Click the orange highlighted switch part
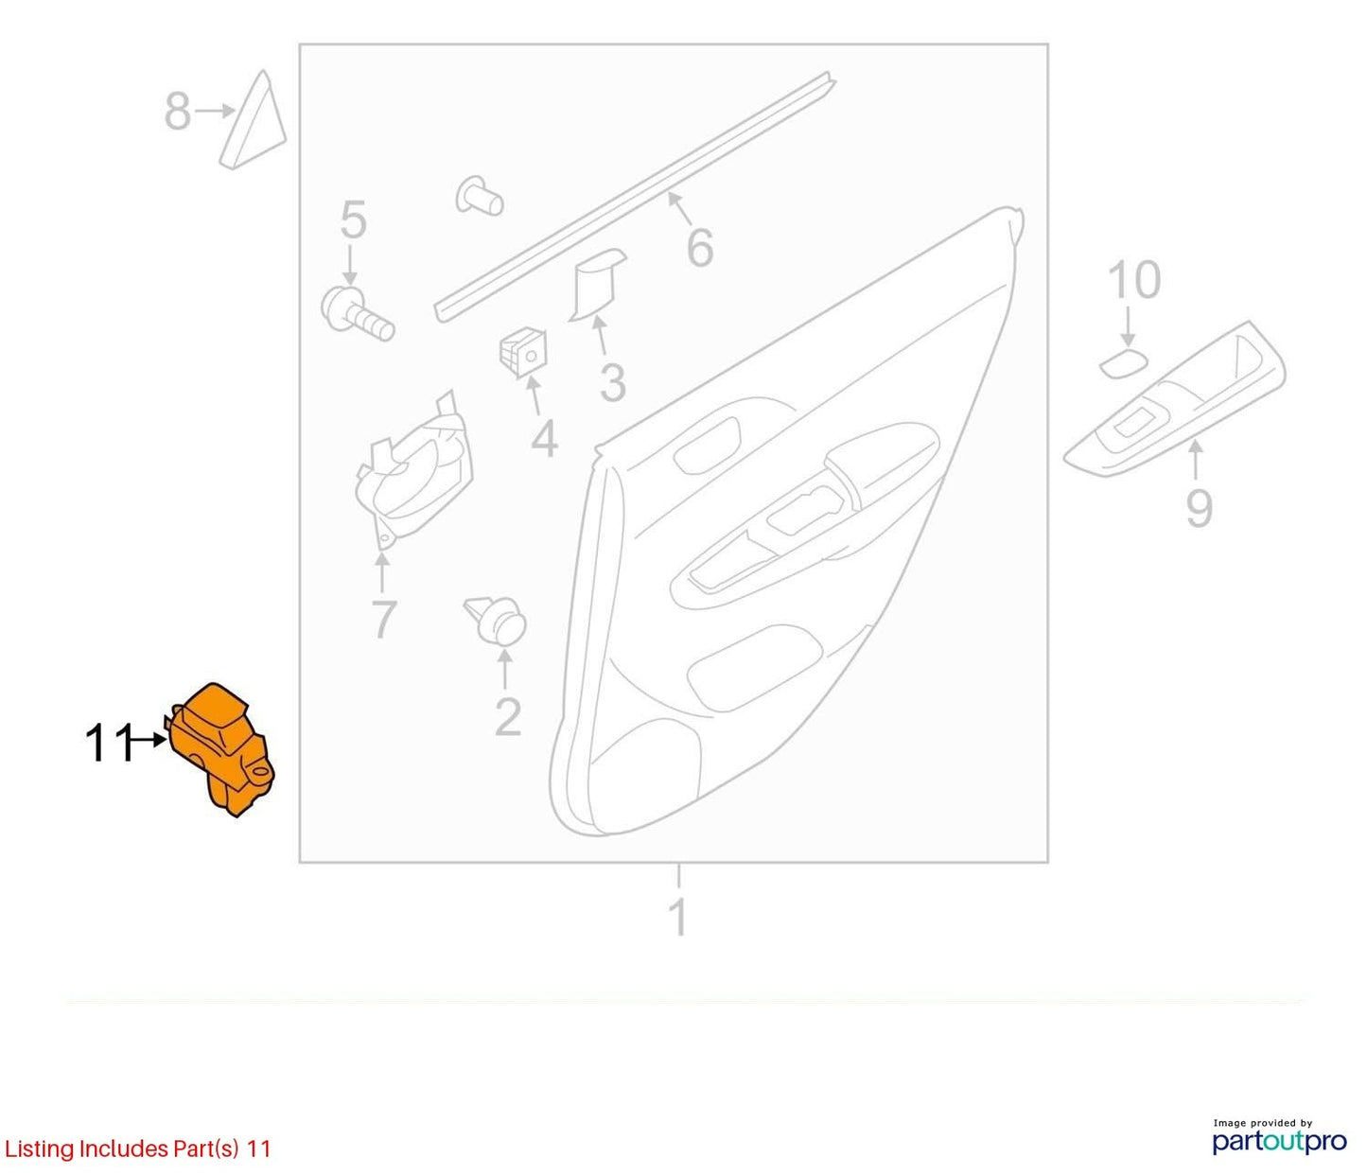click(220, 750)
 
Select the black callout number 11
click(108, 744)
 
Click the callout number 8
click(177, 111)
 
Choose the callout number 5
click(353, 220)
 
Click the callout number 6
click(700, 247)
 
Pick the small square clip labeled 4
click(524, 353)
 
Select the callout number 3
click(612, 383)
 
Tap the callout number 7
click(383, 620)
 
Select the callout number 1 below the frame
click(678, 917)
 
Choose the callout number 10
click(1134, 280)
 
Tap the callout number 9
click(1199, 508)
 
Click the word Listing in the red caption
click(39, 1149)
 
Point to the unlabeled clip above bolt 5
click(480, 195)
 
